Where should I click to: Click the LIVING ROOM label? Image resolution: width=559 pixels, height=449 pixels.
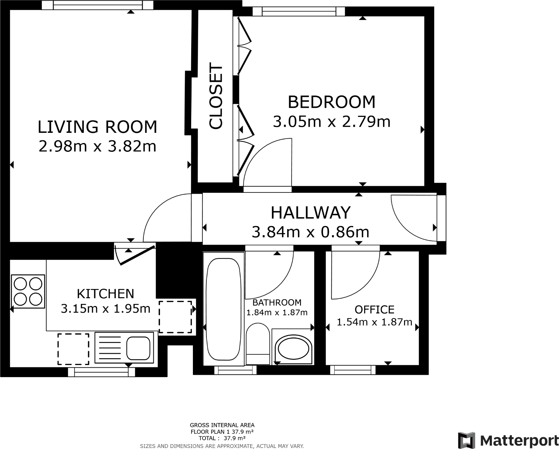97,127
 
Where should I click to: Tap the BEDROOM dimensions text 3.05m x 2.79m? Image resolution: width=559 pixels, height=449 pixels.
332,122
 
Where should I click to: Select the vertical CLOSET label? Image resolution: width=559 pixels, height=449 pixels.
216,96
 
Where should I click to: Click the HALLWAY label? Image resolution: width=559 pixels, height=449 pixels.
310,212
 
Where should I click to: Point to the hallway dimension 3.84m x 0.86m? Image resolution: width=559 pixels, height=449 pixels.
310,232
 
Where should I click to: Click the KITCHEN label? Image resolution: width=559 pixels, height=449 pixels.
105,293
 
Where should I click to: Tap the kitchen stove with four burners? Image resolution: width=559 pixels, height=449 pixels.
28,291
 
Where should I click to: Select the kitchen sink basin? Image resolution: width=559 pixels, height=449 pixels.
138,348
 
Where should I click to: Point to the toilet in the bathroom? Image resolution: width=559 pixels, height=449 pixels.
258,343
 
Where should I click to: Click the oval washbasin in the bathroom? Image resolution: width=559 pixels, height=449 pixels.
293,349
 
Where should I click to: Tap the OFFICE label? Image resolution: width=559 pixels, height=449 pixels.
374,310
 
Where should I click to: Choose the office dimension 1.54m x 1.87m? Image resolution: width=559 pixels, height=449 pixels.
374,322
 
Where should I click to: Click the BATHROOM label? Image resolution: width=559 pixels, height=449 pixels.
277,302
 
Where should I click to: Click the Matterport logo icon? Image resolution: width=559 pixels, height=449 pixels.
466,440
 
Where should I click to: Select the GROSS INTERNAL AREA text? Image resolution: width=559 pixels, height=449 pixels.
222,425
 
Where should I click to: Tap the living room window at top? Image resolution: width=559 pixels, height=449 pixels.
98,5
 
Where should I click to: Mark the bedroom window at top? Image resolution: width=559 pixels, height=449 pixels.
299,12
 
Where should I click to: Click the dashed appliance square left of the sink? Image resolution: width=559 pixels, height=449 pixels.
74,349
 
